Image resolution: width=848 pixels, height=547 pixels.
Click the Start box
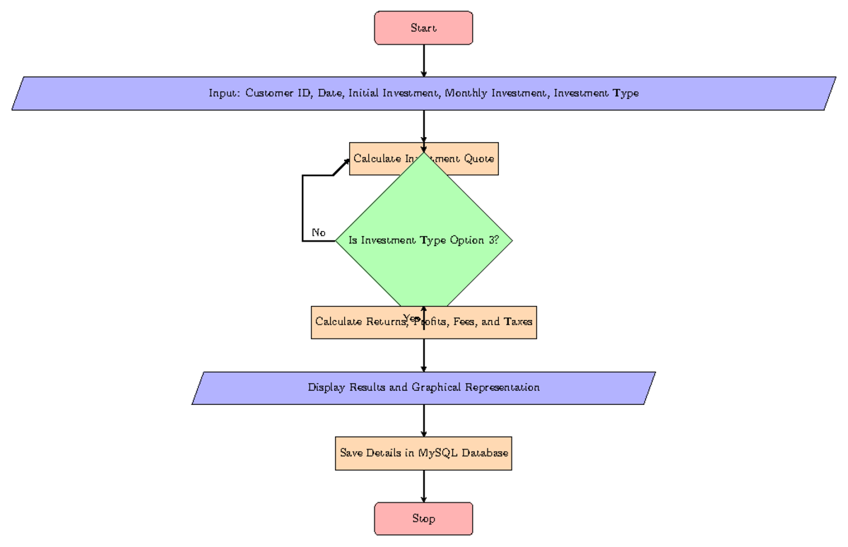click(x=423, y=28)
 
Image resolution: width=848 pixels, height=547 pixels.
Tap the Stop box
click(x=423, y=519)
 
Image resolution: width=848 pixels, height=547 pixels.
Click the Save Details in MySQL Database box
click(x=423, y=453)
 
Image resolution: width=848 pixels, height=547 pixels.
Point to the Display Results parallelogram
click(x=423, y=387)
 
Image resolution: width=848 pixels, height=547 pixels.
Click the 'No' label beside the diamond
click(x=318, y=233)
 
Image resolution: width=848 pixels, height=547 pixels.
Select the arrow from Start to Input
click(x=423, y=61)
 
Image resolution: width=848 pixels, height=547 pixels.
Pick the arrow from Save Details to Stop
click(x=423, y=486)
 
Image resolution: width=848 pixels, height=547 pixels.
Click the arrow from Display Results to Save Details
click(x=423, y=420)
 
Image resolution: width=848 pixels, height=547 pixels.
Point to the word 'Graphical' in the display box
click(x=444, y=387)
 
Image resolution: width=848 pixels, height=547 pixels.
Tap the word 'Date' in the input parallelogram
click(x=331, y=93)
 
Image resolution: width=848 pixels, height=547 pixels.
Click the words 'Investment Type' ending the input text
click(x=596, y=93)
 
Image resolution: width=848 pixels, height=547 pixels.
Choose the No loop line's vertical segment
click(x=302, y=208)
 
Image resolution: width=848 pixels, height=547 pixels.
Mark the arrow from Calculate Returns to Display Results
click(x=423, y=355)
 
